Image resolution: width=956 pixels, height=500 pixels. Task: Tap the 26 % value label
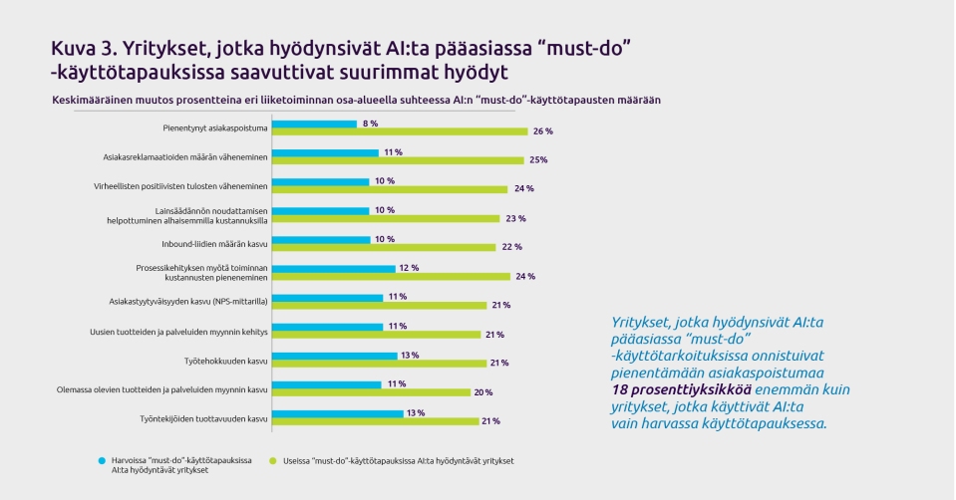point(543,131)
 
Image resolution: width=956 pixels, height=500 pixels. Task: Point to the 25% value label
point(538,160)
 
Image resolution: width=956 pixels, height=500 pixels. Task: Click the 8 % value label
point(371,124)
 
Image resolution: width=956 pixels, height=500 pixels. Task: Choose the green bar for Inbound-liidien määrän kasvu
point(384,247)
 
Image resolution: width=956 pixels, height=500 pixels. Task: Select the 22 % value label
point(511,247)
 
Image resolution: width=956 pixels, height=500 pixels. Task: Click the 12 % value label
point(410,269)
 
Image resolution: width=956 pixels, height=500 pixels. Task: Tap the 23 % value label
point(515,218)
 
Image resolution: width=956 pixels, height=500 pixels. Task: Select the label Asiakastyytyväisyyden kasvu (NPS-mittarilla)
point(187,301)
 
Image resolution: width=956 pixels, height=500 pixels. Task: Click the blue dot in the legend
point(102,461)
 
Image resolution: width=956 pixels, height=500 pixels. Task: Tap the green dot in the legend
point(278,461)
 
